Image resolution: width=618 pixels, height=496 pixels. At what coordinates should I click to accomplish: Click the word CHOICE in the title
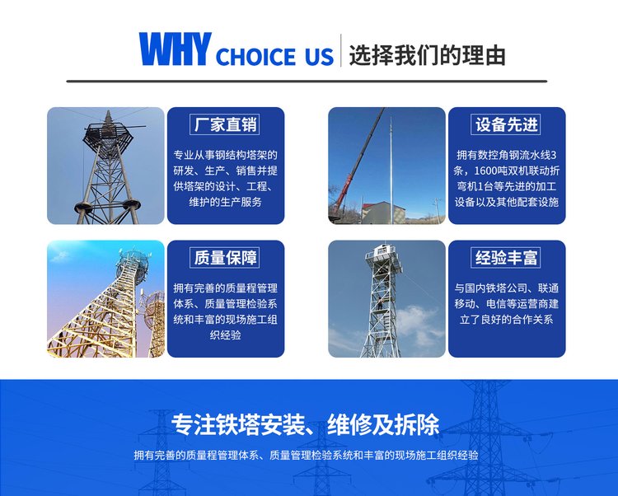tap(256, 56)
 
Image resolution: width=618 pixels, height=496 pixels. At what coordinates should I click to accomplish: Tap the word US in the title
tap(319, 56)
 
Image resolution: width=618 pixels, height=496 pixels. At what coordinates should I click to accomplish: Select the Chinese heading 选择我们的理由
tap(427, 55)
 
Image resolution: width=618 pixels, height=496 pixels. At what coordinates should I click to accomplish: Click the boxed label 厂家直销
tap(225, 124)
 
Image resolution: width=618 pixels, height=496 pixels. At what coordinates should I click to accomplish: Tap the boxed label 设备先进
tap(506, 124)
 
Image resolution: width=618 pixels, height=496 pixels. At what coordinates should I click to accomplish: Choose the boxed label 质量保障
tap(225, 258)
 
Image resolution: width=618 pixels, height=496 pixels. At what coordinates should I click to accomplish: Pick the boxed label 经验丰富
tap(506, 258)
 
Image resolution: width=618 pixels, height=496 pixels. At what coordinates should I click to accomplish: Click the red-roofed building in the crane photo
tap(382, 212)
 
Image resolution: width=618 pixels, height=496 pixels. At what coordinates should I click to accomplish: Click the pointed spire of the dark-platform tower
tap(108, 117)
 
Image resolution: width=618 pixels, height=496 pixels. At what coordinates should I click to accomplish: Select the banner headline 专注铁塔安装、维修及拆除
tap(306, 424)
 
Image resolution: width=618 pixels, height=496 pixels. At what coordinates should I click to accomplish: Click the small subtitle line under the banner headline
tap(306, 456)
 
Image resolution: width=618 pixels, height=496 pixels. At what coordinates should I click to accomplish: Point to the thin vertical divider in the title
tap(341, 50)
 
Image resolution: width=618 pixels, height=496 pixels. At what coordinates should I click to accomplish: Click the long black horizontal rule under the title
tap(307, 82)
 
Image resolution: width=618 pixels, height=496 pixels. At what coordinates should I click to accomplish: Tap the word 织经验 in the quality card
tap(226, 335)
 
